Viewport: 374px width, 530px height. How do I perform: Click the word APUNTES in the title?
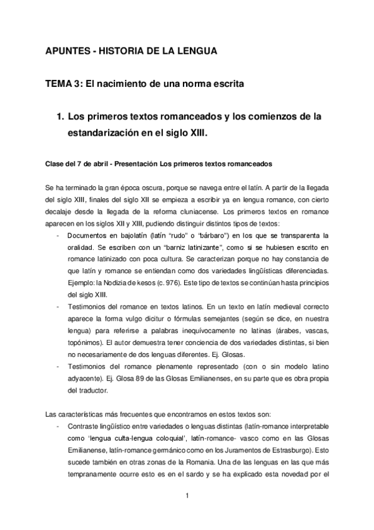pyautogui.click(x=69, y=52)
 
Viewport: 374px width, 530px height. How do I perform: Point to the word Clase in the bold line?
pyautogui.click(x=56, y=164)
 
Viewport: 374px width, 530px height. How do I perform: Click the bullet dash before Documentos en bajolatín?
pyautogui.click(x=58, y=236)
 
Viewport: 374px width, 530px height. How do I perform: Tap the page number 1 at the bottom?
pyautogui.click(x=186, y=496)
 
